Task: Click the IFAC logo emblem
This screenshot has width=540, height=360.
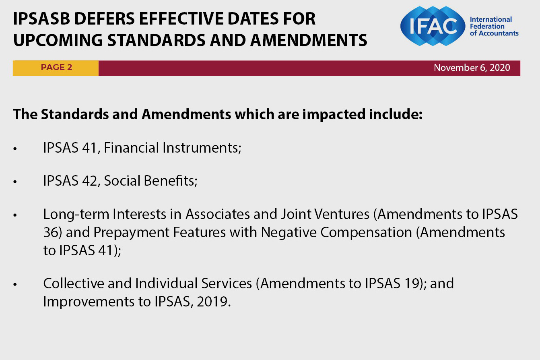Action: [x=433, y=26]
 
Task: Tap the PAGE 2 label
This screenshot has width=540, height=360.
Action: [x=56, y=67]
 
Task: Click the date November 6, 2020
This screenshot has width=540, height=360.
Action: [x=472, y=68]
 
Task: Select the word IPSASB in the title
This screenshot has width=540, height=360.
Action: [x=41, y=19]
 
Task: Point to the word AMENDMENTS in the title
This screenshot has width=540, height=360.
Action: [x=309, y=40]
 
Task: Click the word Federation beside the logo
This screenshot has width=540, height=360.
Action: [x=487, y=26]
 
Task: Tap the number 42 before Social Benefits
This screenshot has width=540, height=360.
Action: [x=89, y=181]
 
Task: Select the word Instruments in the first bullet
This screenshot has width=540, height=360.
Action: [x=202, y=147]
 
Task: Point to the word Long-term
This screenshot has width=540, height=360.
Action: [x=76, y=214]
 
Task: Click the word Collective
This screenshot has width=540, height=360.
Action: [x=74, y=283]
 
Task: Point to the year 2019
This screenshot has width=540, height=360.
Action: [x=212, y=302]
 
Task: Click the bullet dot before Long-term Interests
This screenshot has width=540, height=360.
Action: [x=15, y=215]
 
